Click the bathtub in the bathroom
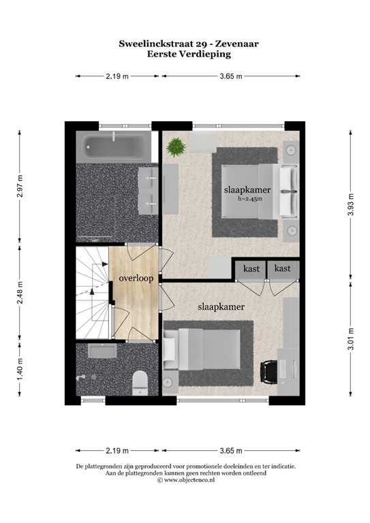click(x=113, y=146)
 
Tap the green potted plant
click(x=175, y=146)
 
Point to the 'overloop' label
click(x=136, y=278)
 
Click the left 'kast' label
click(x=250, y=268)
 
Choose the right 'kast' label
click(x=282, y=268)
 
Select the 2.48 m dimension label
click(x=21, y=293)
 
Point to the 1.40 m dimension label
click(x=21, y=372)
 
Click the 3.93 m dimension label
click(x=350, y=202)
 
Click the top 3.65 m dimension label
click(x=231, y=76)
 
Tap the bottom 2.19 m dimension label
click(x=118, y=450)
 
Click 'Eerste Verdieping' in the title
click(x=188, y=53)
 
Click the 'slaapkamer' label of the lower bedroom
click(x=221, y=307)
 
